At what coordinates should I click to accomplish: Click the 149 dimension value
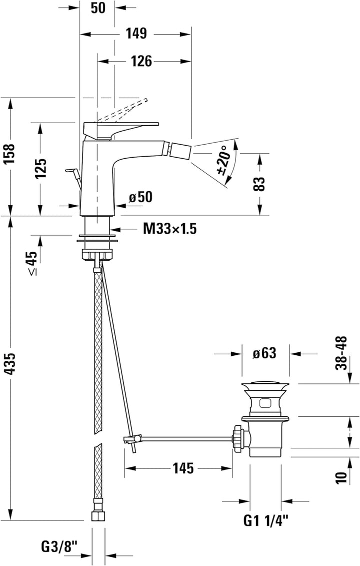click(135, 34)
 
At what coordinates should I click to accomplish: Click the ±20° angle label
click(224, 160)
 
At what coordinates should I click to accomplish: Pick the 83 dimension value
click(259, 184)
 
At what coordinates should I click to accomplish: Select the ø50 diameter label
click(140, 197)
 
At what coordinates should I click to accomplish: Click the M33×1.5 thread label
click(169, 229)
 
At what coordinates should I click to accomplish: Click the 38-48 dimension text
click(341, 352)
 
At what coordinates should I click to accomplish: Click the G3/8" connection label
click(60, 545)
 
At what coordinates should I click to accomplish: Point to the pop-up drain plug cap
click(265, 385)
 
